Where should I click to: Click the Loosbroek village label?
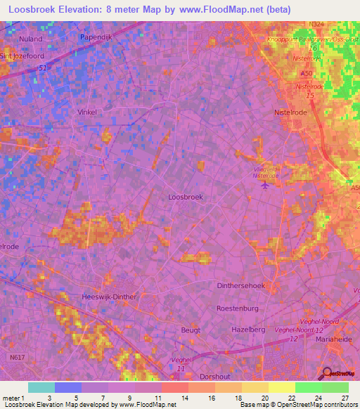coord(186,197)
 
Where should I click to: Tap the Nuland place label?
coord(31,39)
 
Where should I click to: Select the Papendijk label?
coord(96,36)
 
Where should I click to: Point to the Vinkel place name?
coord(87,112)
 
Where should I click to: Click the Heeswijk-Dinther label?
coord(110,297)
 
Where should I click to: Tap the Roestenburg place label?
coord(238,309)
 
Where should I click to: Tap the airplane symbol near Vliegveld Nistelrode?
coord(264,186)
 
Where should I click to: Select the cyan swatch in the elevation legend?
coord(41,387)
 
